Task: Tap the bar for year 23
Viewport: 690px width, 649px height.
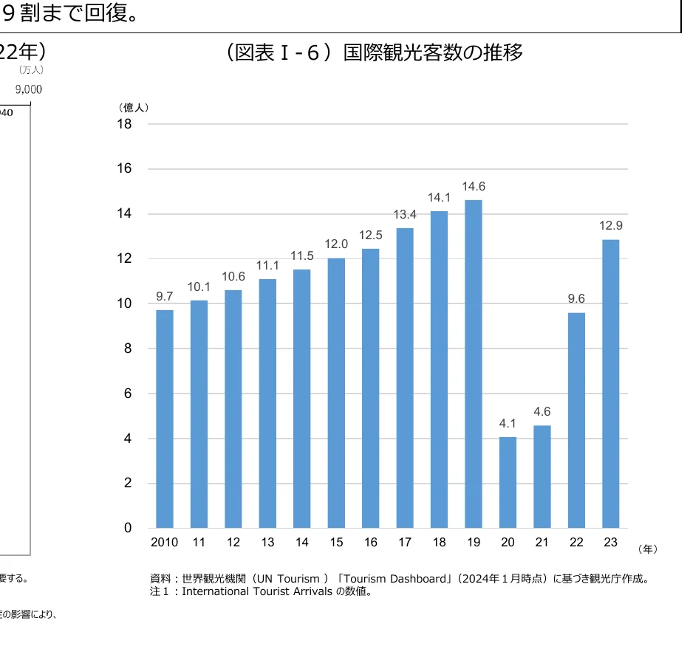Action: coord(610,384)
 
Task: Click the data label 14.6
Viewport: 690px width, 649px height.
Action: coord(474,187)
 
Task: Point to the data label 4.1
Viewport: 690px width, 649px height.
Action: coord(508,424)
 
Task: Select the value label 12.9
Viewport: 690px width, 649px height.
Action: coord(610,226)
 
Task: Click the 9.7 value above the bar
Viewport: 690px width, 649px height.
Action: coord(165,296)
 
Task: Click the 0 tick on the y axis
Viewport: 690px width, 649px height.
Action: coord(128,528)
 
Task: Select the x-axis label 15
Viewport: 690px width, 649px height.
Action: coord(336,543)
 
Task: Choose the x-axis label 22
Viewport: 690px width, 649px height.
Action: coord(576,543)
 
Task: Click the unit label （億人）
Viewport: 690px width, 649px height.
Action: coord(134,108)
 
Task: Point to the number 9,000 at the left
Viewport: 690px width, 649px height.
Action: coord(29,89)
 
